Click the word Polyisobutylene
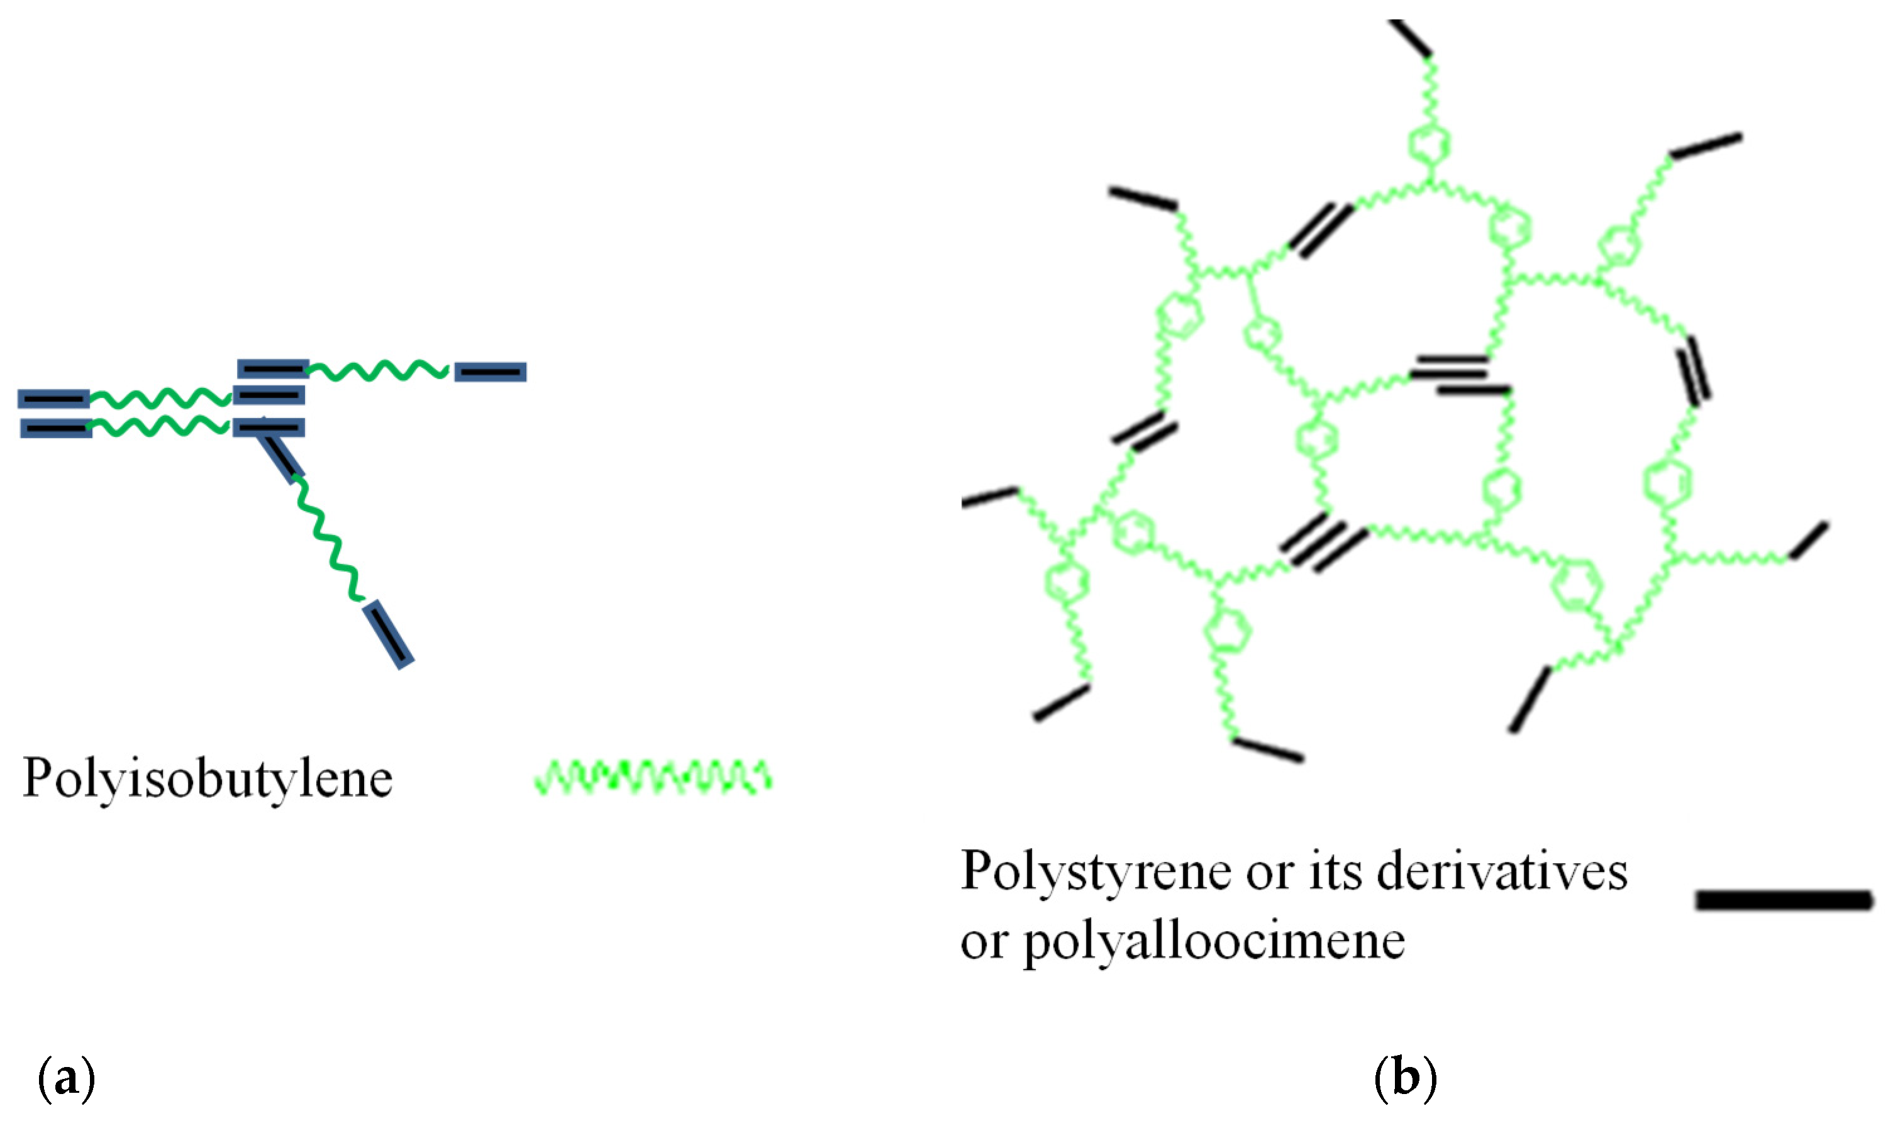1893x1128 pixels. click(x=208, y=778)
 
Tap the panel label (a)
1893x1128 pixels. click(x=66, y=1078)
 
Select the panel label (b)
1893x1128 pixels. click(x=1406, y=1078)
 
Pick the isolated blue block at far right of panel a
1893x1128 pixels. click(x=491, y=372)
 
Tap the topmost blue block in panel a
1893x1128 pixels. click(x=273, y=368)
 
